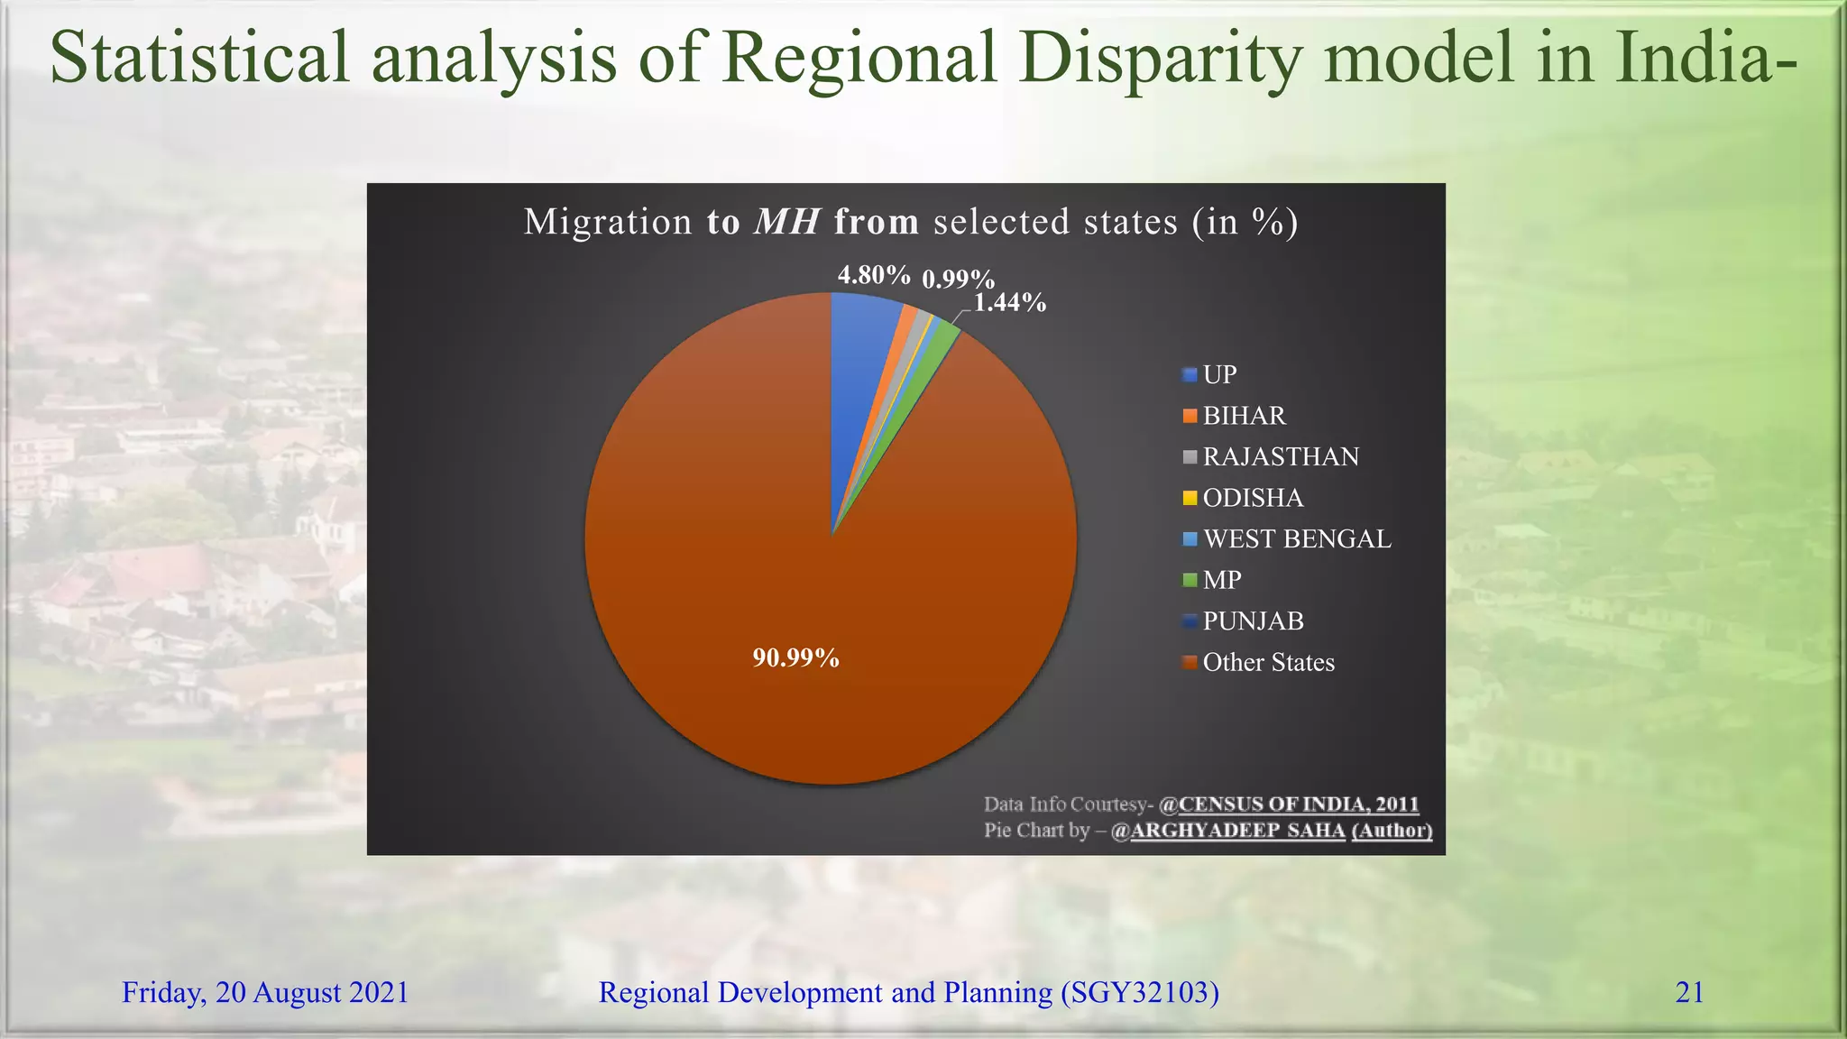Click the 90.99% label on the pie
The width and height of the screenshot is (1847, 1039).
[795, 657]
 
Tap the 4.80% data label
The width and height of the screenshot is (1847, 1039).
[873, 274]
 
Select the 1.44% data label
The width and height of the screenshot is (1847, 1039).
[1009, 302]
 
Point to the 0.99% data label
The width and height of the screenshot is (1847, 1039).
[958, 279]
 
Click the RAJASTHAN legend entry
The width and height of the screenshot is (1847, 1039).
[1280, 456]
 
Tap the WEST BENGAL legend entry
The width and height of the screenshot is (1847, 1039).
[1296, 538]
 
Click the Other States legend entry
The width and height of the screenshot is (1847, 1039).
[1267, 662]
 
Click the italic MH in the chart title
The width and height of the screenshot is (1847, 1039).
[786, 221]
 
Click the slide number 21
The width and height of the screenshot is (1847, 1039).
[1689, 992]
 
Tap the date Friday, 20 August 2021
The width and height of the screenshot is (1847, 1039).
[265, 992]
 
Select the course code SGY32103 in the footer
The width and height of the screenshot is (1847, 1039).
[1139, 992]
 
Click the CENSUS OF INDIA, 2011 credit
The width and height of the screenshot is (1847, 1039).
[1298, 804]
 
